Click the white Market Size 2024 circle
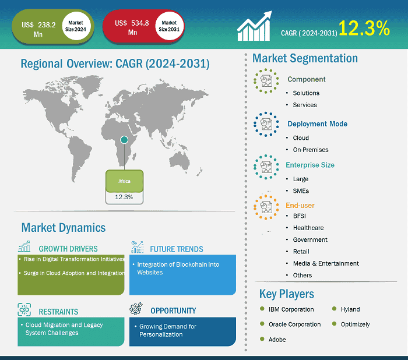(x=76, y=26)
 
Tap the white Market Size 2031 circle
(x=170, y=26)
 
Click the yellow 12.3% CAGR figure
(x=364, y=28)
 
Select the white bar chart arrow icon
(x=254, y=26)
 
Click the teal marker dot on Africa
(x=124, y=140)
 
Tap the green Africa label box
(x=124, y=181)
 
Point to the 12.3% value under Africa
(x=124, y=197)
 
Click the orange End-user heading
(x=300, y=205)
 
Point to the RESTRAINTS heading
(x=58, y=311)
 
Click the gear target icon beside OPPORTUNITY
(x=136, y=309)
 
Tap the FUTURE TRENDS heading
(x=177, y=249)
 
